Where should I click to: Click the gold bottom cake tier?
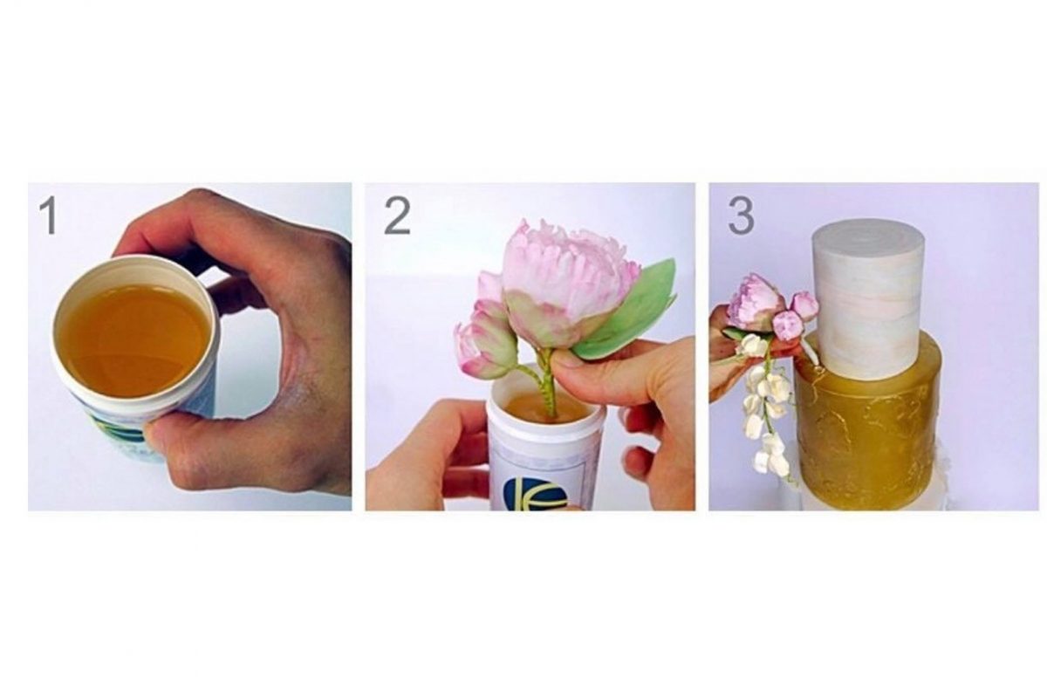point(869,430)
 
